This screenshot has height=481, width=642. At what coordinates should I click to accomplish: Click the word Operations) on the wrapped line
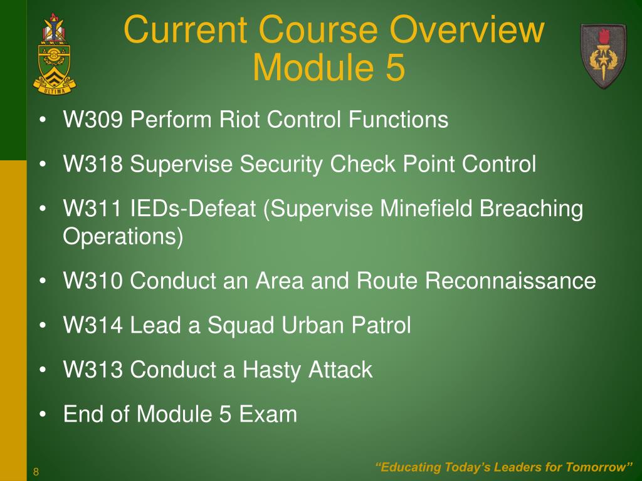124,238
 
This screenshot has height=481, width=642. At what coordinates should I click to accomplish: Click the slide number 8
36,472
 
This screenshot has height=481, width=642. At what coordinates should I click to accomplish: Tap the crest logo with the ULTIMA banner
53,53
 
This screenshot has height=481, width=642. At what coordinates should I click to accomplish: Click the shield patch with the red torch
603,56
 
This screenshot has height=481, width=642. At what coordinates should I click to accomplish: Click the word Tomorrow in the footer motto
597,467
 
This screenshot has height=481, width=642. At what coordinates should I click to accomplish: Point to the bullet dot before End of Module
42,415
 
